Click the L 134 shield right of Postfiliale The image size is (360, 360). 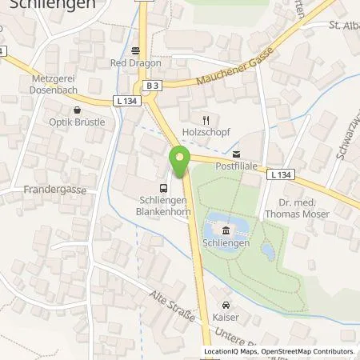(279, 174)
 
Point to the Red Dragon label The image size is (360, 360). (129, 62)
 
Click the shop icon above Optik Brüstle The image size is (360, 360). (77, 111)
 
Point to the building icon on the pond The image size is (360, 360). (226, 230)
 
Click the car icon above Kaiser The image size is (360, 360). (226, 305)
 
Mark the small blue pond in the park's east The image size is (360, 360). (268, 251)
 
